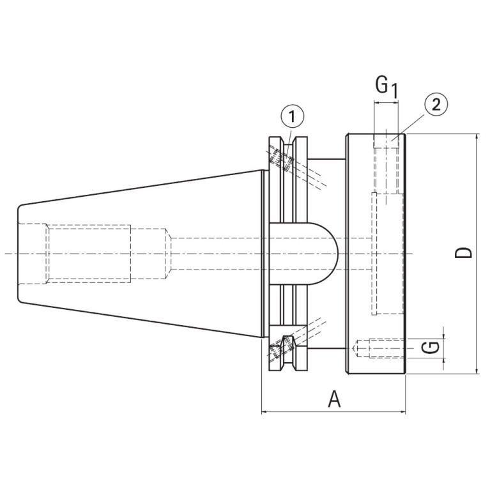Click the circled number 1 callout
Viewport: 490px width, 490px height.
pos(292,117)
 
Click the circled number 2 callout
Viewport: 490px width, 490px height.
pos(436,105)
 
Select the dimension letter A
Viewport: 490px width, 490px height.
pos(334,399)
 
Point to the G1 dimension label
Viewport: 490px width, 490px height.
pos(387,87)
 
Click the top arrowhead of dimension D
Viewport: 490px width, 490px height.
pos(477,137)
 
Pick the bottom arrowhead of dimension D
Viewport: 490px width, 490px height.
pos(477,371)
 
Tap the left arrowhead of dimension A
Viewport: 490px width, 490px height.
pos(265,413)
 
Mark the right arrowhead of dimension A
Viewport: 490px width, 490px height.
pos(402,413)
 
